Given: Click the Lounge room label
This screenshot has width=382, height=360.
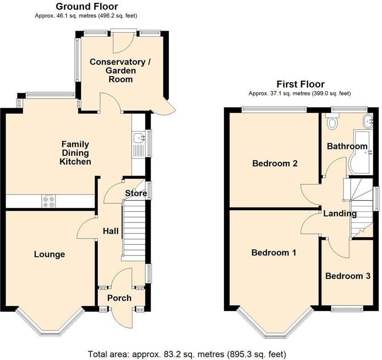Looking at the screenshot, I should click(x=50, y=255).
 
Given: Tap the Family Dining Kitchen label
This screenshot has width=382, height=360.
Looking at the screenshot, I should click(x=76, y=153).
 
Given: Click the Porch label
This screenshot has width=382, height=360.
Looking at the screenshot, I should click(x=119, y=298).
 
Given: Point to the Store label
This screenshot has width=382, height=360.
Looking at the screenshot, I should click(x=136, y=194).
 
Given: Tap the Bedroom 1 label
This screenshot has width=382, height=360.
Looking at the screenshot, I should click(x=274, y=252).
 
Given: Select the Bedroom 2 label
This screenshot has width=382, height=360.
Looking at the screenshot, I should click(x=275, y=163).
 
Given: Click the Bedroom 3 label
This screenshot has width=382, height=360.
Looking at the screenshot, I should click(x=348, y=276).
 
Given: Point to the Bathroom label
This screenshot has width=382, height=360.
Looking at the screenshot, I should click(x=347, y=146).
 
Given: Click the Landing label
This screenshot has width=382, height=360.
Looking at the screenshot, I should click(x=340, y=213).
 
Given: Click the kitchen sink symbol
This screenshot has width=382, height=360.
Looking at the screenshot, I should click(x=138, y=138).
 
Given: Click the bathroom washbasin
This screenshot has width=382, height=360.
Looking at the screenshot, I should click(x=369, y=122).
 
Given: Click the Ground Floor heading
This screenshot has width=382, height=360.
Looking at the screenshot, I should click(x=87, y=6).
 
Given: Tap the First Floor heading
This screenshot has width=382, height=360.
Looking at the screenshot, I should click(x=300, y=84).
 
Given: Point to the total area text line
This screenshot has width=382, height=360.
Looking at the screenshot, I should click(x=187, y=354).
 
